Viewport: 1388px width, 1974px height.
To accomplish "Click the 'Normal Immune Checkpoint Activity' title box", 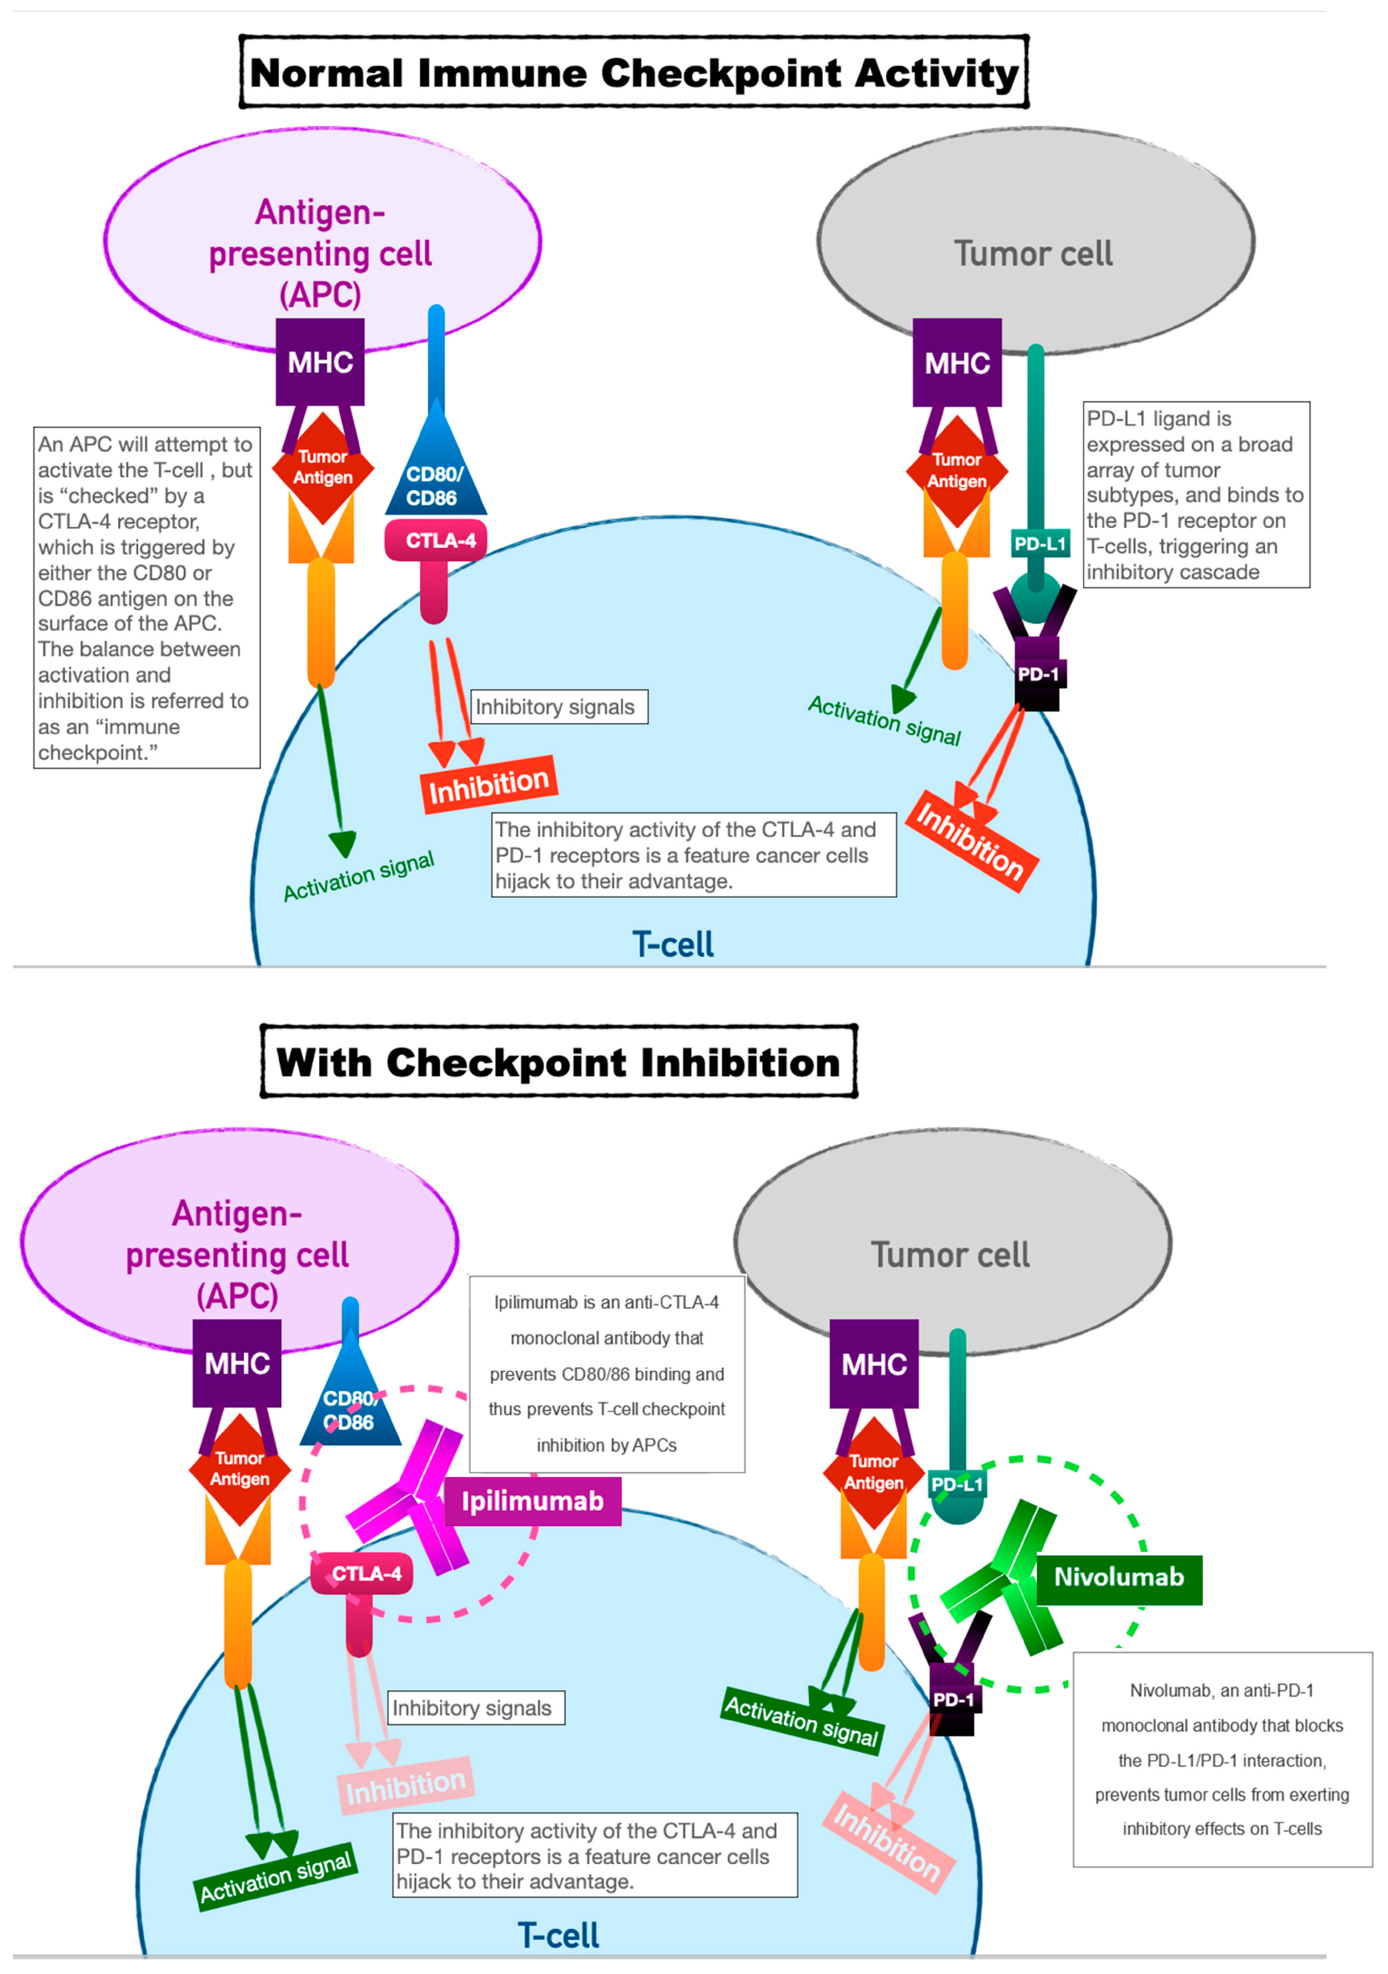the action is pyautogui.click(x=634, y=72).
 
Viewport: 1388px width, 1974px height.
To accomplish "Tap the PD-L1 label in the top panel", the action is pyautogui.click(x=1040, y=543).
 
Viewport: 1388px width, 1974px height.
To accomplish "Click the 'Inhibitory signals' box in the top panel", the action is pyautogui.click(x=559, y=707).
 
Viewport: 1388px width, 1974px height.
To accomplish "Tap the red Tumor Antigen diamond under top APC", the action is pyautogui.click(x=322, y=468).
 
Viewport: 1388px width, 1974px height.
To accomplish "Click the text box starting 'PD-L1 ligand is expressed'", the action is pyautogui.click(x=1196, y=494).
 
